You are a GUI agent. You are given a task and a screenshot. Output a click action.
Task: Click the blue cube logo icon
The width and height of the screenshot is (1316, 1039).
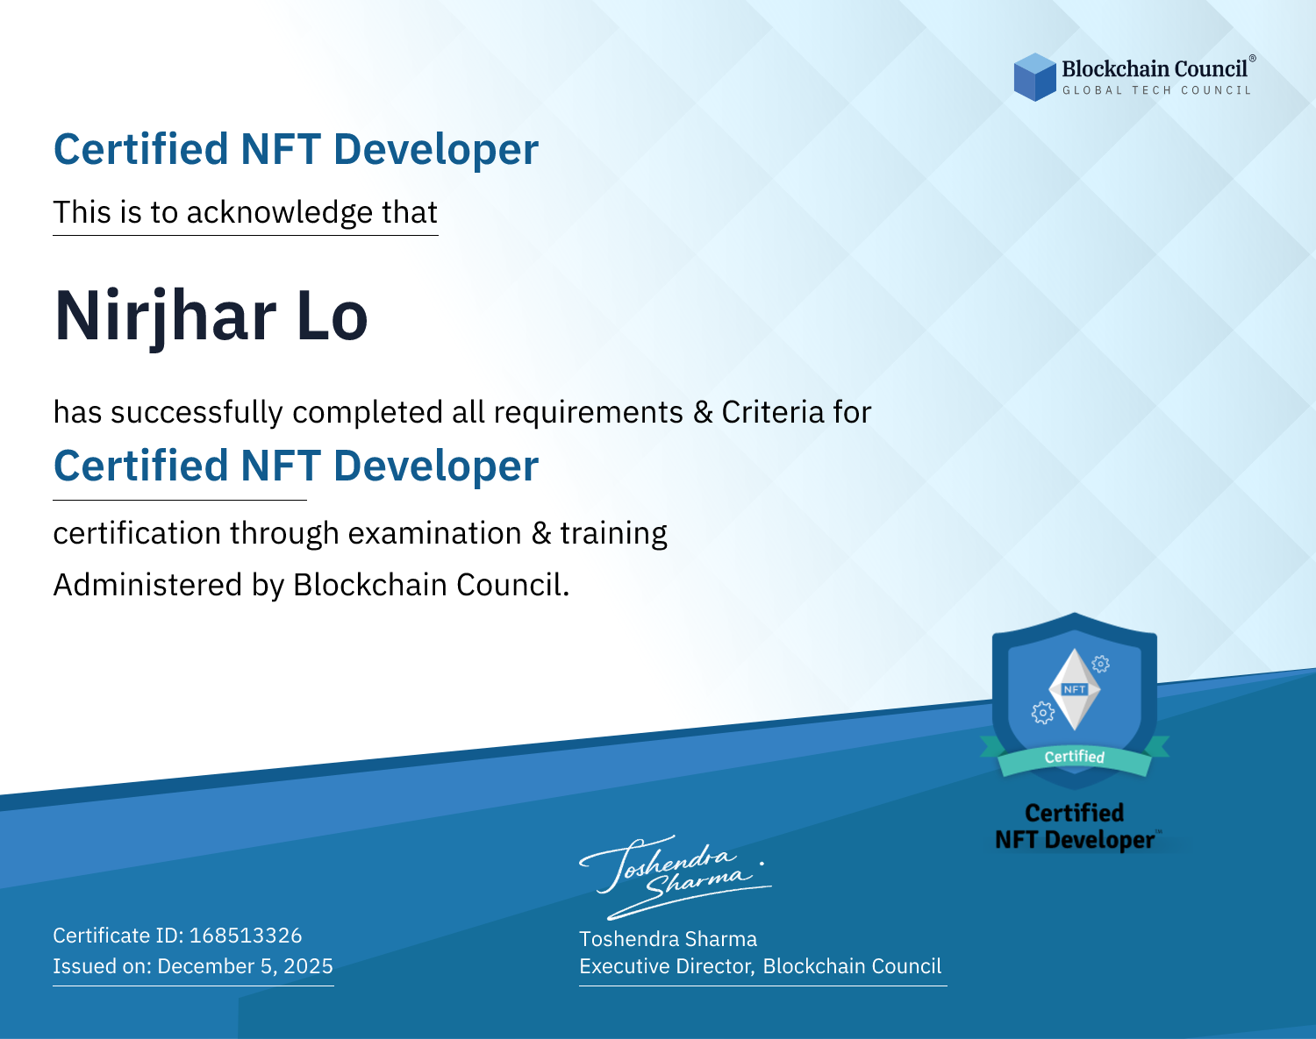[1034, 77]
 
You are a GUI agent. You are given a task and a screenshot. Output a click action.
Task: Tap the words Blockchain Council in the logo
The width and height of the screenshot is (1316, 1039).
[1155, 69]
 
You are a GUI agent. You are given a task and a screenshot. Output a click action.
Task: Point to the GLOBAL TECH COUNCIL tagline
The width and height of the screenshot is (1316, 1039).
[1157, 90]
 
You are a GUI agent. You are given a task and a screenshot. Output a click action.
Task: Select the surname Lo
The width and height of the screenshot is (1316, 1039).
[332, 316]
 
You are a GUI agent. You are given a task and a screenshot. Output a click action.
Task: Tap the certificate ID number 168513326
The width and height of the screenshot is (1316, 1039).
[246, 935]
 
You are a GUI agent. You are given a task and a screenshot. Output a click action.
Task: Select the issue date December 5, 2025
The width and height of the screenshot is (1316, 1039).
[246, 965]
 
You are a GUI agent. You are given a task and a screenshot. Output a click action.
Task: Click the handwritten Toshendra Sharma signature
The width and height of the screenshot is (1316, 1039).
[676, 877]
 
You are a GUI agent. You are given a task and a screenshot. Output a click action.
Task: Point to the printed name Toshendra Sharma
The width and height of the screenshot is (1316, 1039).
[668, 939]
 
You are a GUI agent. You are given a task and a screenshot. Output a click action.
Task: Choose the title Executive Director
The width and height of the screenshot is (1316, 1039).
[667, 966]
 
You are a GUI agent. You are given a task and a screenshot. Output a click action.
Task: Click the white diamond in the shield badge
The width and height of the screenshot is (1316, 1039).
[1075, 689]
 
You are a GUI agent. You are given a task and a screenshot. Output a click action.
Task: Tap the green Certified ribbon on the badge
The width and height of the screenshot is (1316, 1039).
[1075, 758]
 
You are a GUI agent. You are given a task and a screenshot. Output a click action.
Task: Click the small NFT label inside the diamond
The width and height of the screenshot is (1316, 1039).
[1075, 689]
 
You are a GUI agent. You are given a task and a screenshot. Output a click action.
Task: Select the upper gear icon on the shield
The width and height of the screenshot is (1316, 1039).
[1101, 664]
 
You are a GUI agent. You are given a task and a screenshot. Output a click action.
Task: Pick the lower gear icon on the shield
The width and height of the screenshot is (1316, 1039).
[1042, 713]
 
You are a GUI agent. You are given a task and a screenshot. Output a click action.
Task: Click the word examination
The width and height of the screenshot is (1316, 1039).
[435, 533]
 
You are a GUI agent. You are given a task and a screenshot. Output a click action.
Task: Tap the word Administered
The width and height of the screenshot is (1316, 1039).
[148, 584]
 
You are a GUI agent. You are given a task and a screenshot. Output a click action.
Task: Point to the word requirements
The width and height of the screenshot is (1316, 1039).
[589, 413]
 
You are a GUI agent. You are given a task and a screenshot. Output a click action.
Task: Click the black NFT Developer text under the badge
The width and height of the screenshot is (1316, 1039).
[1075, 840]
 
